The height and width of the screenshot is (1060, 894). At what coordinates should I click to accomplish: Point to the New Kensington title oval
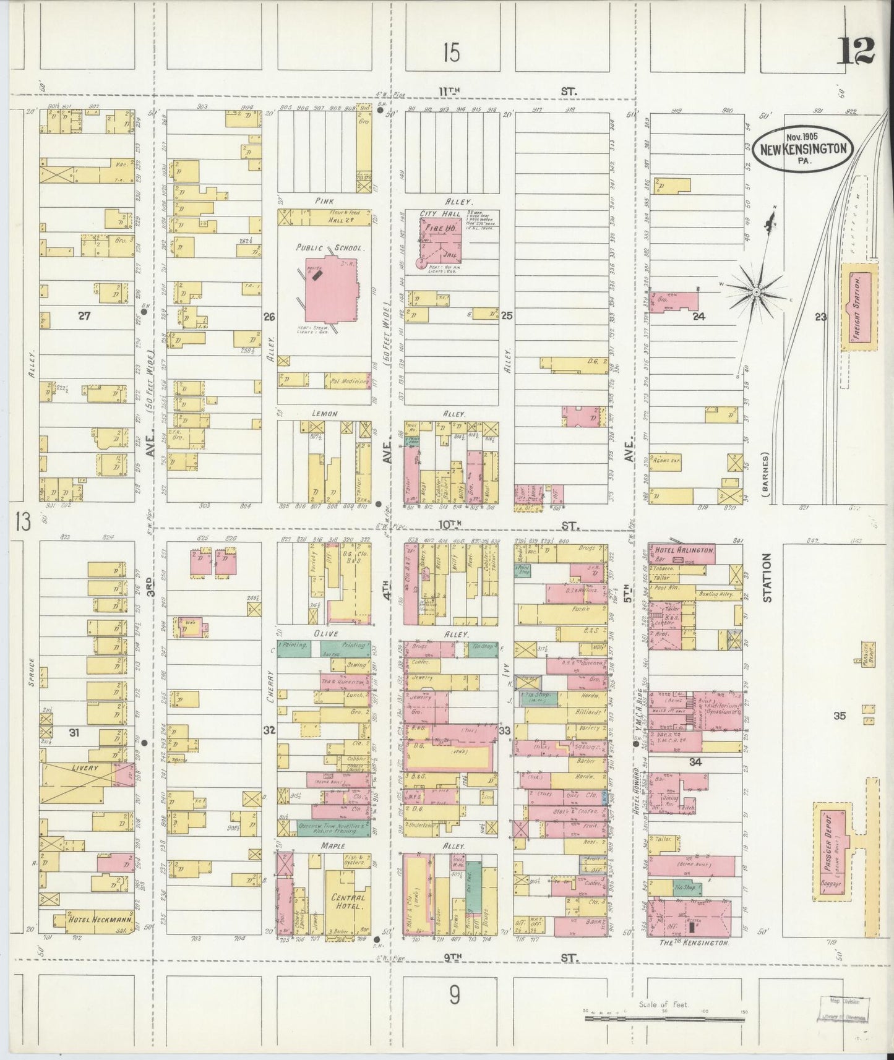click(802, 149)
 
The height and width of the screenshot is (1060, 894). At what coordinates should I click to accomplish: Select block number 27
click(85, 316)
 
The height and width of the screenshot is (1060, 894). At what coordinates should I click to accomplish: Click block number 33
click(505, 731)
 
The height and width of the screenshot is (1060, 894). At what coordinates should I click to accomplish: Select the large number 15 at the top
click(451, 54)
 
